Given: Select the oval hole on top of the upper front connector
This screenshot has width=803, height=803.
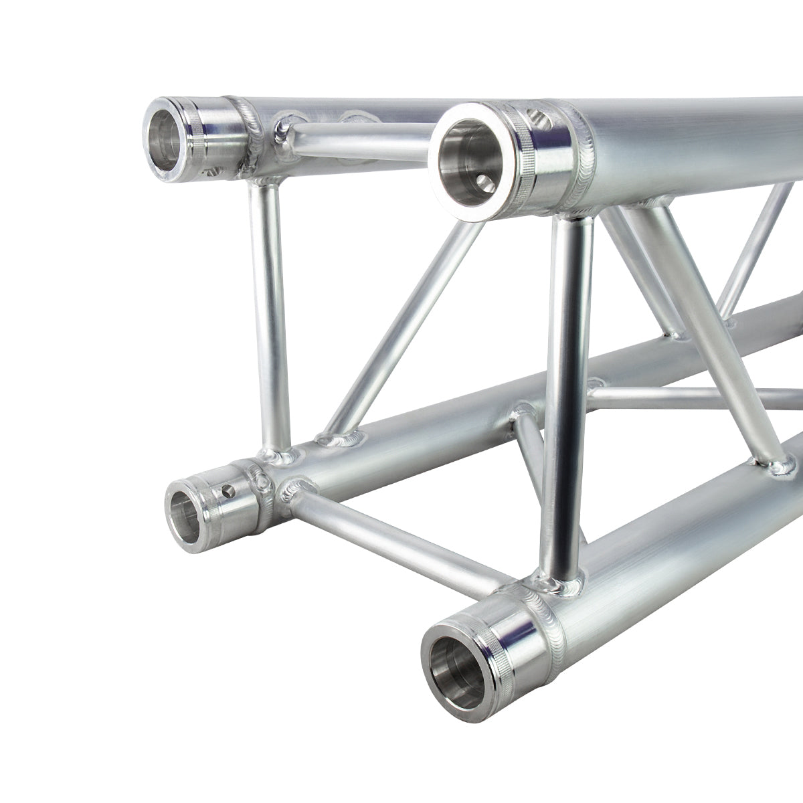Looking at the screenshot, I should pos(539,118).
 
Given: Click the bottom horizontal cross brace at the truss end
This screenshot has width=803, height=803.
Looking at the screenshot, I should pos(395,535).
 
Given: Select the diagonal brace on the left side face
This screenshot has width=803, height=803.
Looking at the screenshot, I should pos(401,321).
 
